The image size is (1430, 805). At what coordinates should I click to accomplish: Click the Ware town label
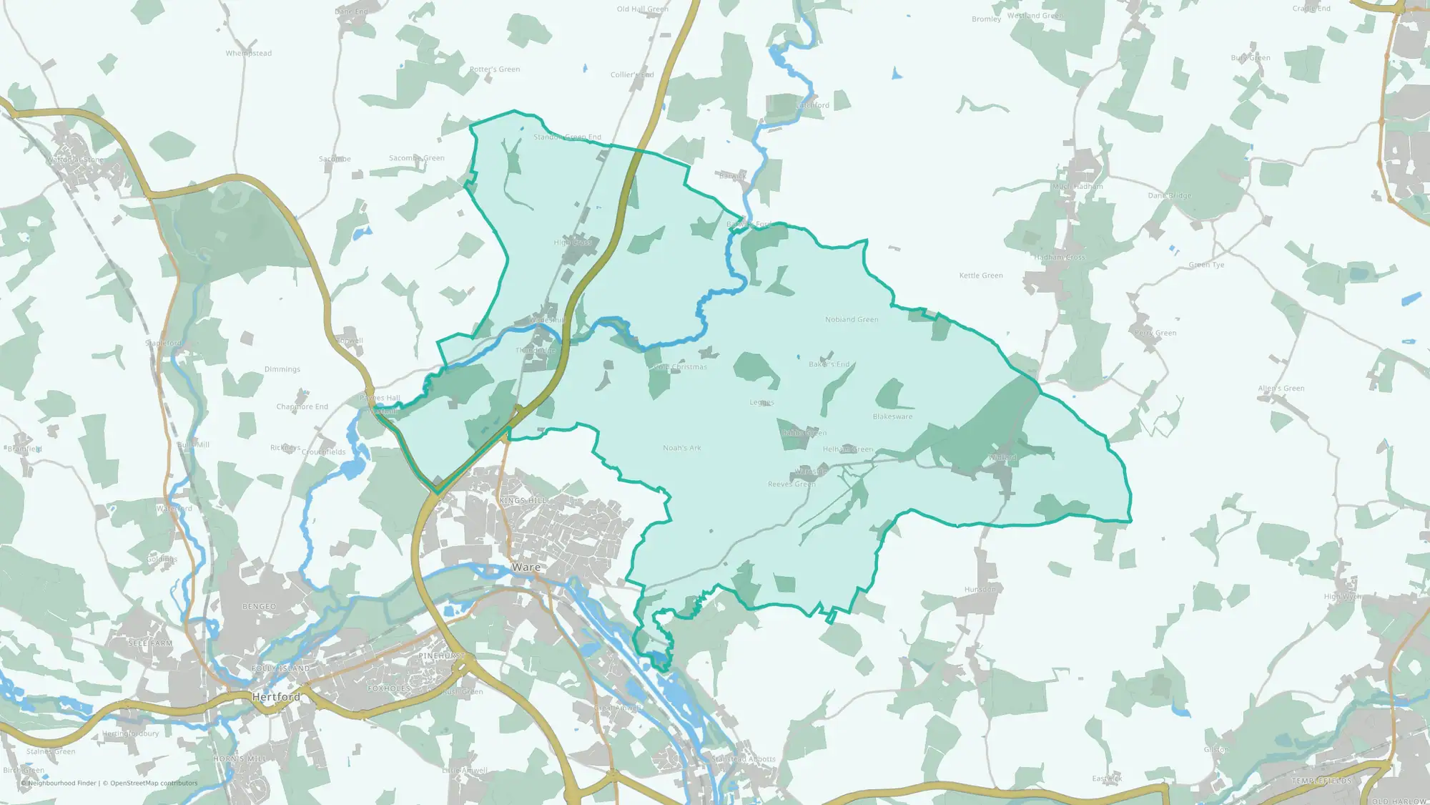(526, 567)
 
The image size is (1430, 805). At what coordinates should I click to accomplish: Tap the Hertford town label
(276, 696)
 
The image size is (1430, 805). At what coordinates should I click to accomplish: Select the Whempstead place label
(249, 53)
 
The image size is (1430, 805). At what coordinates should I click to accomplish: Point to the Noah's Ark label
(682, 448)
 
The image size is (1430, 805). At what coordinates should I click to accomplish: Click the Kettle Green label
(981, 275)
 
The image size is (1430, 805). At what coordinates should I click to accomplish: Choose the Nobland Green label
(852, 320)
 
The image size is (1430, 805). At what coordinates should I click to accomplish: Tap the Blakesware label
(892, 416)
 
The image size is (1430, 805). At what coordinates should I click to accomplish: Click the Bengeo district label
(259, 607)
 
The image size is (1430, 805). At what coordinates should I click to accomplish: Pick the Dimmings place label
(282, 369)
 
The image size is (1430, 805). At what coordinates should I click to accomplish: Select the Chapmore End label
(302, 406)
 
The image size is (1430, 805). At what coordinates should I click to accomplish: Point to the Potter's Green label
(495, 69)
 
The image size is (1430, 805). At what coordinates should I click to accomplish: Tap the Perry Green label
(1155, 333)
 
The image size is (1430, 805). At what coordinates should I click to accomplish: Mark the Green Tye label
(1206, 265)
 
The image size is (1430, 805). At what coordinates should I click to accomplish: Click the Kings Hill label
(523, 501)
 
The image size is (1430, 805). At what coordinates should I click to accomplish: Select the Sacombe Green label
(417, 158)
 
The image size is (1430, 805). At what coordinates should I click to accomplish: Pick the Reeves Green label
(792, 484)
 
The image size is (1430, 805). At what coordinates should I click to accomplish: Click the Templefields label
(1321, 781)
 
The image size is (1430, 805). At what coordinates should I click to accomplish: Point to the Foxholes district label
(389, 688)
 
